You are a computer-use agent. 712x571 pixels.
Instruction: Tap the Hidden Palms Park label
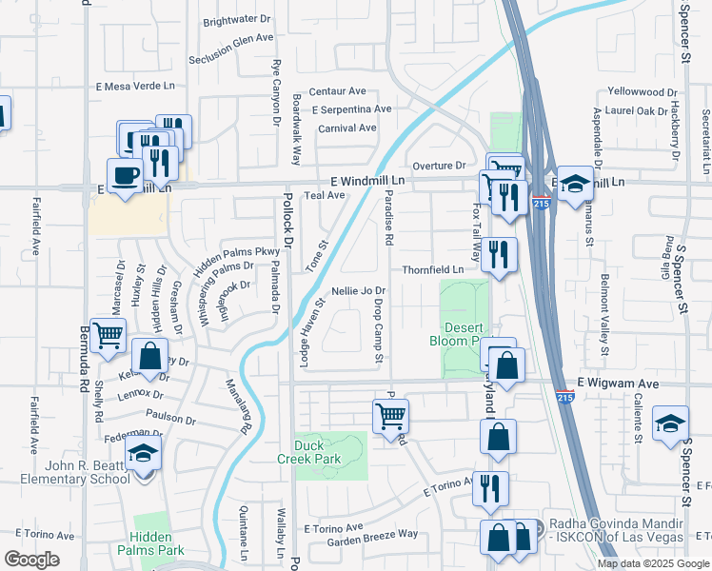coord(157,543)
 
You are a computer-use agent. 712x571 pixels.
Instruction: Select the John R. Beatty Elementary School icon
coord(143,454)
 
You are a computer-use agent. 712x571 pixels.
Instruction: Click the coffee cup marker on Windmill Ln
coord(125,176)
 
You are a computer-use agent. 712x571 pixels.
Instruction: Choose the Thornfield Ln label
coord(432,269)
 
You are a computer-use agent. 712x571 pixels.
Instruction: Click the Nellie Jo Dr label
coord(358,290)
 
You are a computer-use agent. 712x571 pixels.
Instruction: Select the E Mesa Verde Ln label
coord(136,86)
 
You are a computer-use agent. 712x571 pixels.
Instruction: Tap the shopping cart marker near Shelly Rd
coord(109,335)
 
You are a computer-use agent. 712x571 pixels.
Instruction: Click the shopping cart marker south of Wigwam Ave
coord(390,415)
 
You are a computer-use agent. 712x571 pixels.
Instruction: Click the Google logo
coord(31,560)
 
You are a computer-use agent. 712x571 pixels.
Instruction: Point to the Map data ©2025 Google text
coord(654,563)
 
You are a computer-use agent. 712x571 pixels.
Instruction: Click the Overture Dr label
coord(438,165)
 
